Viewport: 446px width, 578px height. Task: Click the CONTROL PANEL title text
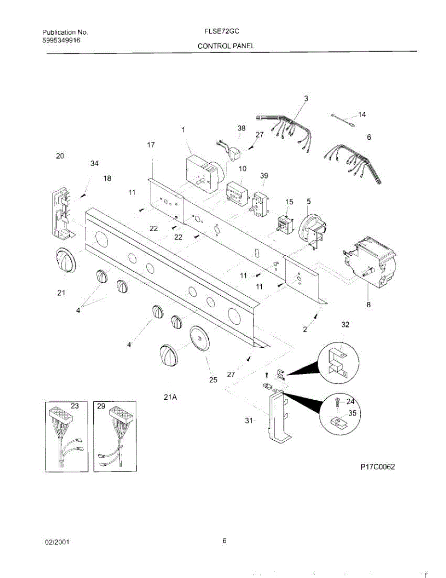[226, 46]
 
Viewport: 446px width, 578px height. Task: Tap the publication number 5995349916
[61, 40]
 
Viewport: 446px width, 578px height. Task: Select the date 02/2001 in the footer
[57, 542]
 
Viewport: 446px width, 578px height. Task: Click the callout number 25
[213, 380]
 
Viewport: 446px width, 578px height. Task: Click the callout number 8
[369, 304]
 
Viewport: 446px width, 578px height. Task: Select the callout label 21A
[171, 397]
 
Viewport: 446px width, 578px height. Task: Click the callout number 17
[151, 144]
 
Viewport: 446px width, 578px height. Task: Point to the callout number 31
[249, 420]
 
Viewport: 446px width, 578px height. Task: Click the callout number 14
[362, 115]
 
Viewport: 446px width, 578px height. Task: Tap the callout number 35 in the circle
[353, 413]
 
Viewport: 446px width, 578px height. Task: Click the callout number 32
[345, 325]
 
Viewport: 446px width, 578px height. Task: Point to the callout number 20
[60, 156]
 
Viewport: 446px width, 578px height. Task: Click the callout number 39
[264, 176]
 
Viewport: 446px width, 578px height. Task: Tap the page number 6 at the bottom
[224, 540]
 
